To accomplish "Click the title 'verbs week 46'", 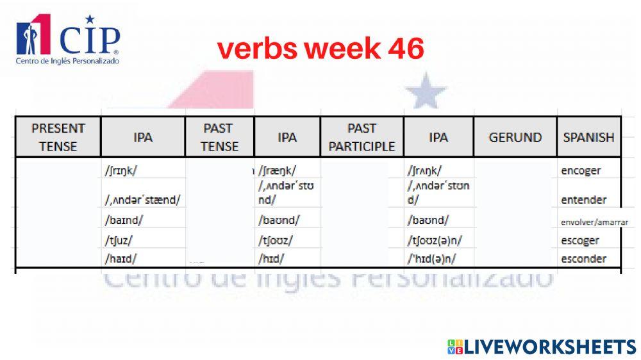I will coord(320,49).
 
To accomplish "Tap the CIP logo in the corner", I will coord(67,40).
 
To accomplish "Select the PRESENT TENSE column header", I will coord(58,136).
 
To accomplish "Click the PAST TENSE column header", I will coord(219,136).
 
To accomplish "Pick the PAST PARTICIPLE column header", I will coord(362,136).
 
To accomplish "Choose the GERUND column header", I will coord(515,137).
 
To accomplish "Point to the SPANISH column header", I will coord(588,137).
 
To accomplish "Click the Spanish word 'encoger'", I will coord(581,170).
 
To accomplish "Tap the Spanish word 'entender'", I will coord(583,199).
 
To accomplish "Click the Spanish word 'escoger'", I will coord(580,240).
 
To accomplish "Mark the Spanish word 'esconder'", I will coord(583,259).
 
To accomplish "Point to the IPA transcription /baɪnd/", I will coord(124,220).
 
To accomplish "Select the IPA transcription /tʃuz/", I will coord(119,240).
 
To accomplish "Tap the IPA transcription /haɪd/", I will coord(121,259).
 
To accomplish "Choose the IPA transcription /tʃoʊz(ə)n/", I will coord(435,240).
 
